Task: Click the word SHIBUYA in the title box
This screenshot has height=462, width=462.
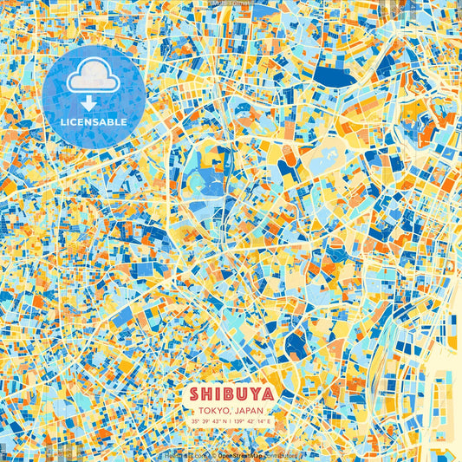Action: [231, 394]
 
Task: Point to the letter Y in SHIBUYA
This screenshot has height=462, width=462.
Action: [254, 394]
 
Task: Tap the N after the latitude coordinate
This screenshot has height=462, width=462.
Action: [223, 421]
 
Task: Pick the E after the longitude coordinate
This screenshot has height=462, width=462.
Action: [269, 421]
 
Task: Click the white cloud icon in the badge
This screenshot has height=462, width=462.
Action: [93, 81]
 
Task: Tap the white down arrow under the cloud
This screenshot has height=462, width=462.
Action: [93, 105]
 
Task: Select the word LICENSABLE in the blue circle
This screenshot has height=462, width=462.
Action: [94, 122]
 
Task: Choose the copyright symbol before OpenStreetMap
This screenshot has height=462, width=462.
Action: [213, 454]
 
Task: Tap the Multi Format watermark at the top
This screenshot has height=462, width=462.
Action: [231, 3]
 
